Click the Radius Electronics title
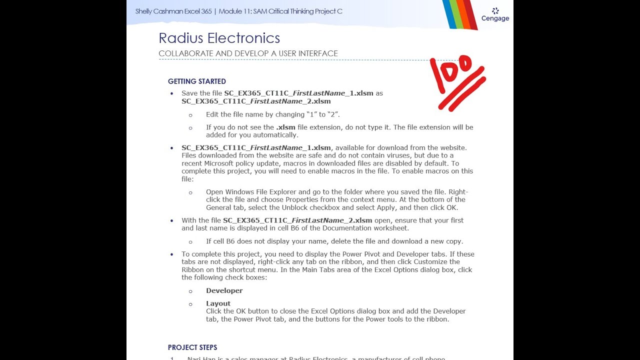[219, 38]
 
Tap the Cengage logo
[495, 14]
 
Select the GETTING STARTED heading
[197, 81]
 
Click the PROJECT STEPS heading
[192, 347]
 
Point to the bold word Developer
[224, 290]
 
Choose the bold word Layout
[218, 303]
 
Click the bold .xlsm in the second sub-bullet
[285, 127]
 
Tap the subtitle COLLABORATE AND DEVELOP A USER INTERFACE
[248, 53]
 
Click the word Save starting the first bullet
[189, 93]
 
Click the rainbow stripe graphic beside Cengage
[459, 14]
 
